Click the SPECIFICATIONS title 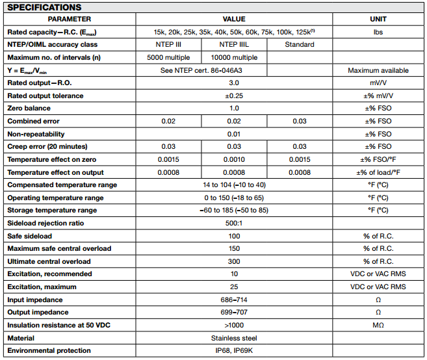[44, 7]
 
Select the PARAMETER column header [70, 19]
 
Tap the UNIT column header [378, 19]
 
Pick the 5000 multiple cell [169, 57]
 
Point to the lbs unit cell [378, 32]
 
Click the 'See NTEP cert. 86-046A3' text [201, 70]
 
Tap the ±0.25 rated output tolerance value [234, 96]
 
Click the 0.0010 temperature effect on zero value [234, 159]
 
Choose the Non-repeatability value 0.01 [234, 134]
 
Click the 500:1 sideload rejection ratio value [234, 223]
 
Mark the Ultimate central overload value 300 [234, 261]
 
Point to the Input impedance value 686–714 [234, 300]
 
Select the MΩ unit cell [378, 325]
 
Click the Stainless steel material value [234, 338]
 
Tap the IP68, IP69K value [234, 351]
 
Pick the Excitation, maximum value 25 [234, 287]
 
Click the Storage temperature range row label [52, 211]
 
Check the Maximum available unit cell [378, 70]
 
